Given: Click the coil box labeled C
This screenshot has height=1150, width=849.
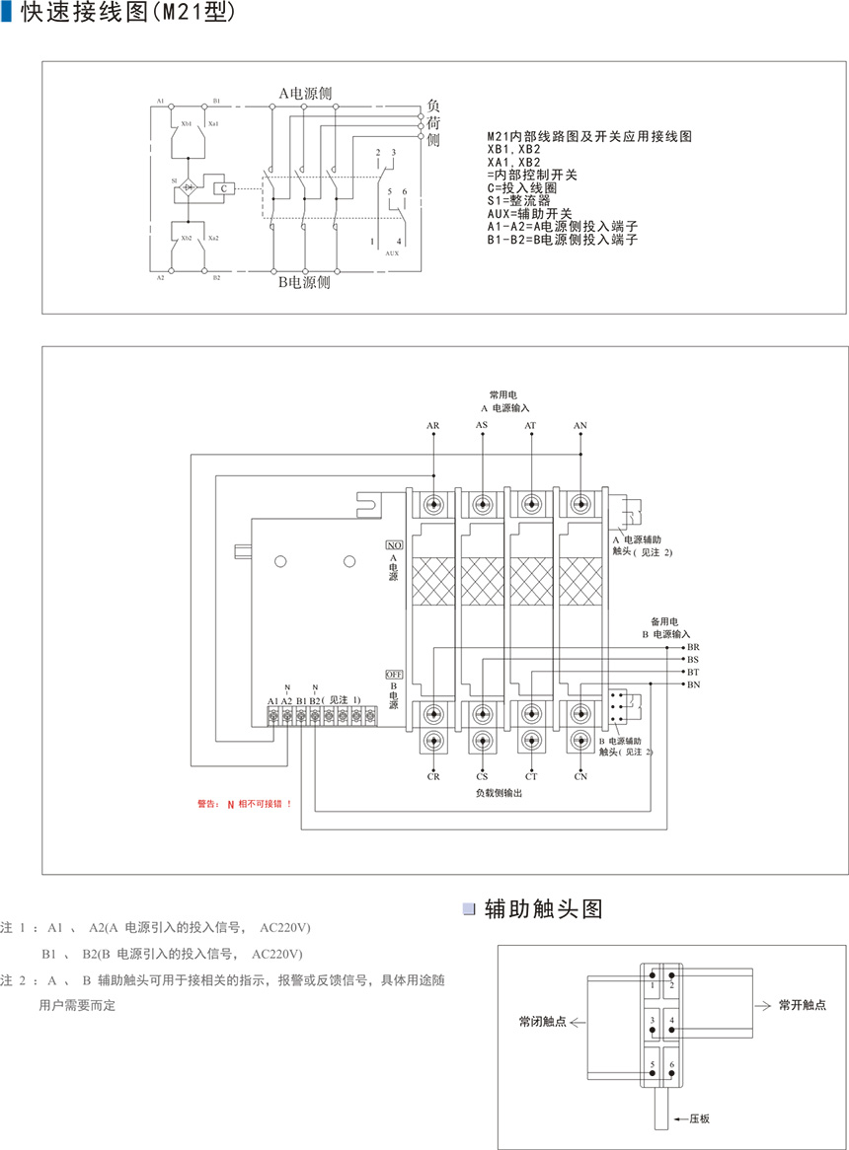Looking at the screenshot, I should point(224,187).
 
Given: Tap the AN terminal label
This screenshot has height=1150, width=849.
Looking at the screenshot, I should point(580,426).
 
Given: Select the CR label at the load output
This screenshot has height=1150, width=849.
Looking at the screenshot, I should point(434,777).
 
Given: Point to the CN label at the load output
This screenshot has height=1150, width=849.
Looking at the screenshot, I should point(581,777).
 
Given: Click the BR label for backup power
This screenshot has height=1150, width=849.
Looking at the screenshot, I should point(693,647).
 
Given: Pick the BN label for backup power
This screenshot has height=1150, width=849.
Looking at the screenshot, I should point(693,684).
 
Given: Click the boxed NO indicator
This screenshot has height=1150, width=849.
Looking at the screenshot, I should point(394,544).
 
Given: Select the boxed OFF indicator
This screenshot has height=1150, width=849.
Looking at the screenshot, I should point(394,674).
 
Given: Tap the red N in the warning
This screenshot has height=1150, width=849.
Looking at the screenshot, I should point(231,804).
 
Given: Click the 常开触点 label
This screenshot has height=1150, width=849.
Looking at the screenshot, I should point(802,1005).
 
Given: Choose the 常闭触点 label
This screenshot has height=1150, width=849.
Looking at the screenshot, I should point(543,1022).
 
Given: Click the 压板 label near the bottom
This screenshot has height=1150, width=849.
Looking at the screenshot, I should point(700,1119).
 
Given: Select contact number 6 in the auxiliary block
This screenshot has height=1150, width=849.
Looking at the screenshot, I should point(672,1066).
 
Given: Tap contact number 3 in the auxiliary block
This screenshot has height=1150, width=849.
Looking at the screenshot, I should point(652,1020).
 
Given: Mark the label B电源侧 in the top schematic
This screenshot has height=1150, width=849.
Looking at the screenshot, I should point(304,282).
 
